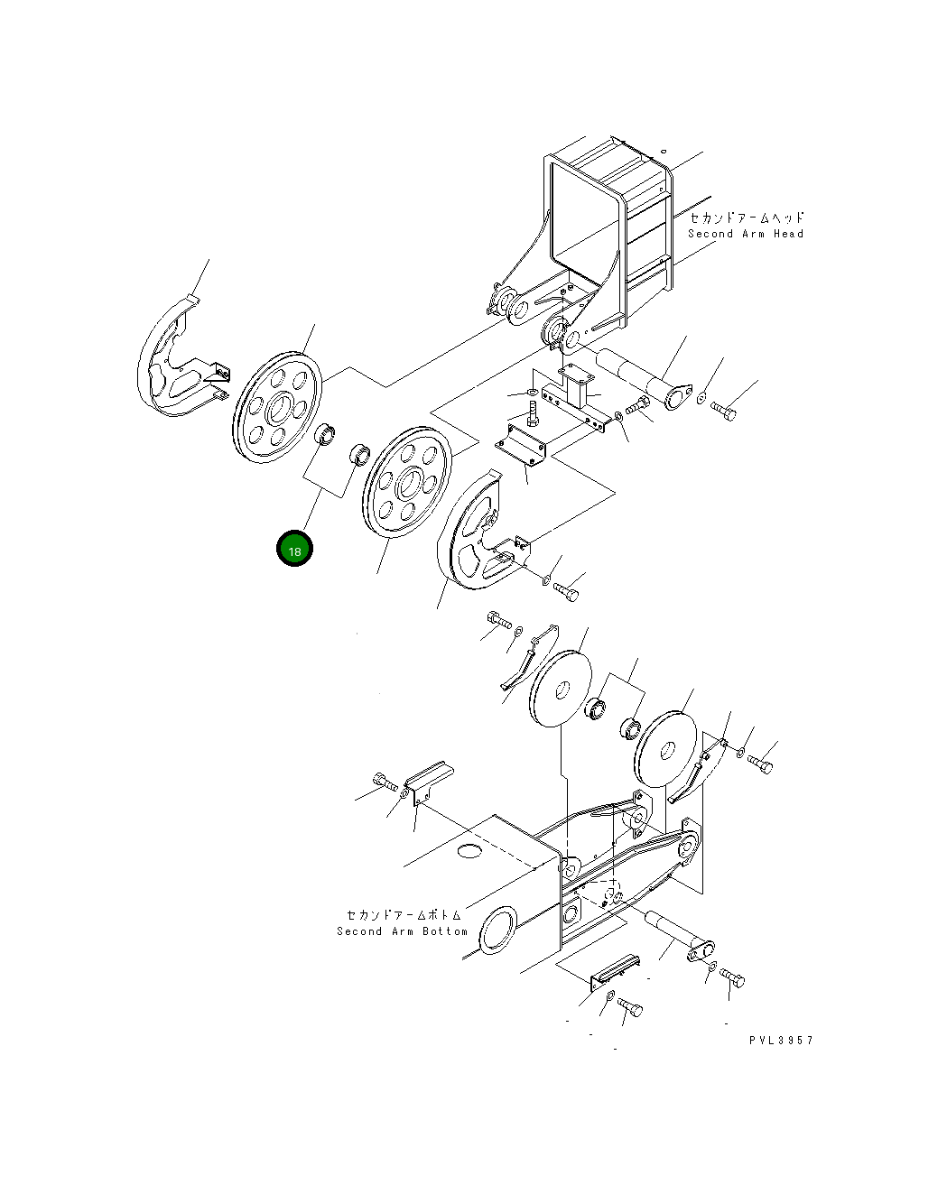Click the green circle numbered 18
point(294,549)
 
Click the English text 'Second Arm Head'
point(745,234)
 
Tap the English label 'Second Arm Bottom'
point(402,931)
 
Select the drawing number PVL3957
point(781,1041)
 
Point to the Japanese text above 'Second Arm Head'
point(747,218)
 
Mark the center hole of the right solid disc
point(667,749)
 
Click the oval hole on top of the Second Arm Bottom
point(469,850)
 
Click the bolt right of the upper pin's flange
point(724,412)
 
